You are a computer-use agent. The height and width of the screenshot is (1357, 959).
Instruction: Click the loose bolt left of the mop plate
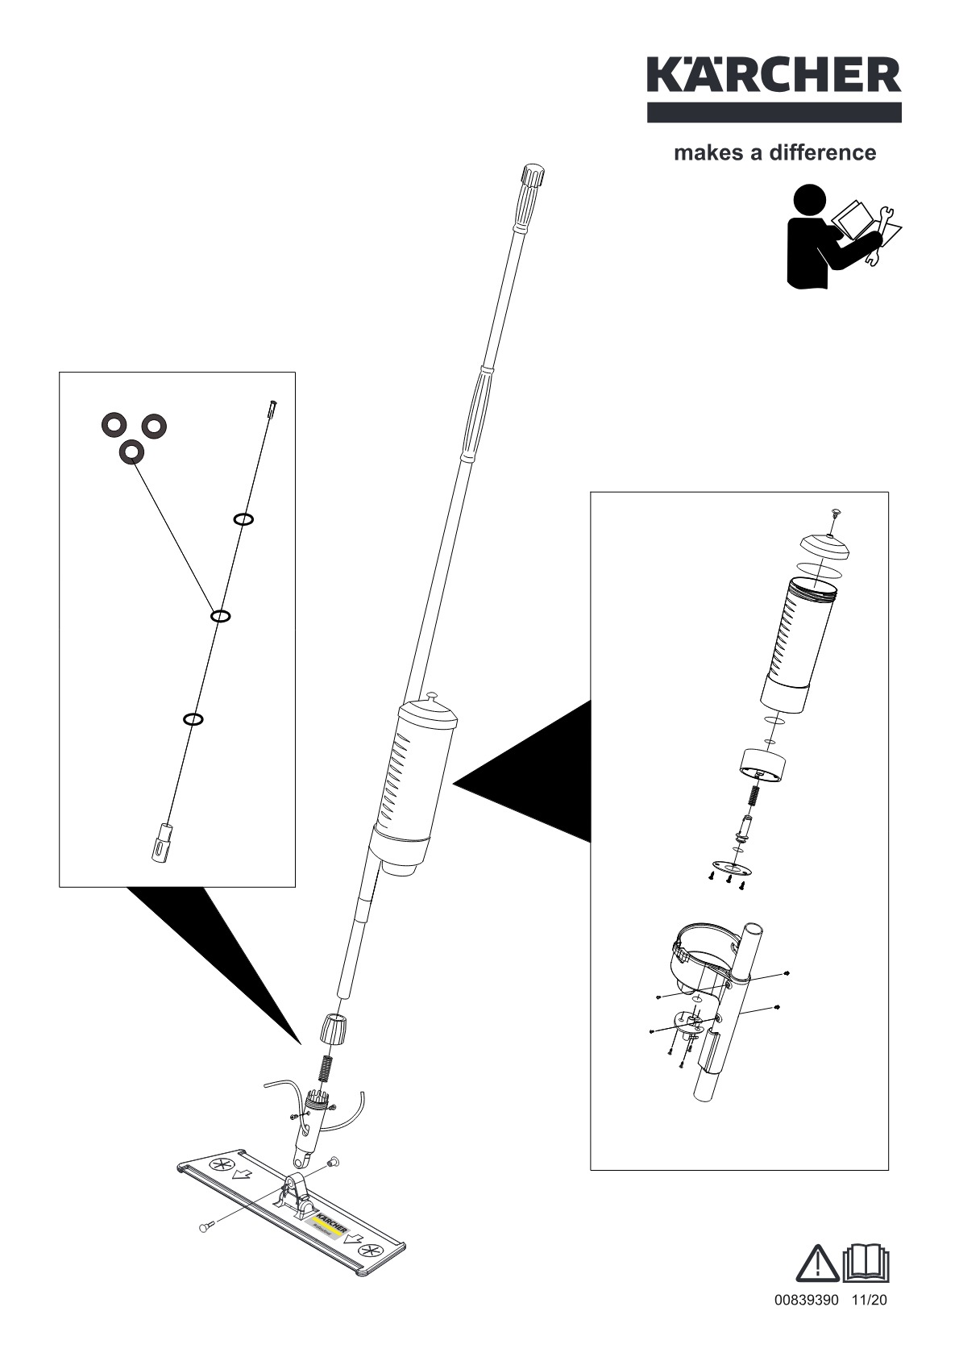(205, 1250)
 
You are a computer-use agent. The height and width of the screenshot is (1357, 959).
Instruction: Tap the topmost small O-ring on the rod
(244, 519)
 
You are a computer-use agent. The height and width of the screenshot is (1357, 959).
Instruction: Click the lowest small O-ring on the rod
(193, 718)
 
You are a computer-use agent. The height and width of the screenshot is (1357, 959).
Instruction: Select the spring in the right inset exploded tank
(756, 793)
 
